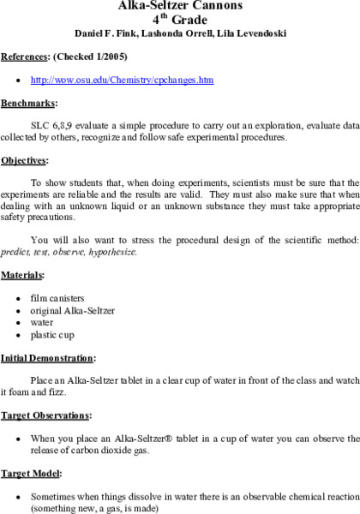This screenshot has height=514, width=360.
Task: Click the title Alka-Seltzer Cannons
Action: coord(179,5)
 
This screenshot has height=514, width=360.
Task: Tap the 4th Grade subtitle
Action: coord(179,20)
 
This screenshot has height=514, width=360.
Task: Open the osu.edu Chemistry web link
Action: coord(122,80)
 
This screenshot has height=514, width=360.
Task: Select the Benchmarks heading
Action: coord(28,103)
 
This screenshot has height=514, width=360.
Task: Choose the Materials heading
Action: coord(23,275)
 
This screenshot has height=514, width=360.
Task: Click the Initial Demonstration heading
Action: coord(48,356)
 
